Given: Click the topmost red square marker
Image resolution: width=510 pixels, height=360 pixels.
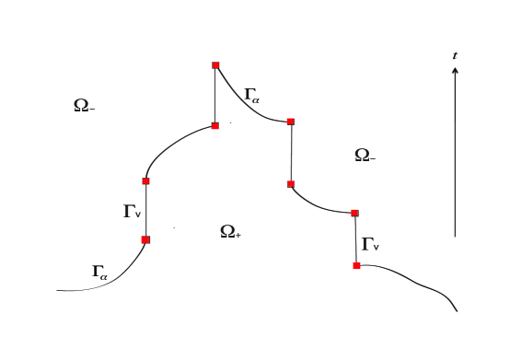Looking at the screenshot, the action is [x=215, y=65].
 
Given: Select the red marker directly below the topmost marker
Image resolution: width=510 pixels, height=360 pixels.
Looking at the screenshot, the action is [x=215, y=125].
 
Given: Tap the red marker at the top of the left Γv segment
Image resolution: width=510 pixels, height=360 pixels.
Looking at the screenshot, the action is [x=145, y=180].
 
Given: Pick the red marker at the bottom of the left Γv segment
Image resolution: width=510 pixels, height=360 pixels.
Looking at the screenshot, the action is [x=145, y=239].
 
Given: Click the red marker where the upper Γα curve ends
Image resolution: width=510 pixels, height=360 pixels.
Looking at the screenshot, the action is [x=291, y=122].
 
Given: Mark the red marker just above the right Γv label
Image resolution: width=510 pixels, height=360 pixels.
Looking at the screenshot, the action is [x=355, y=213].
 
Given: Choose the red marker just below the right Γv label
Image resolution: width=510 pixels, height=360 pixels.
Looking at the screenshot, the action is [x=356, y=265].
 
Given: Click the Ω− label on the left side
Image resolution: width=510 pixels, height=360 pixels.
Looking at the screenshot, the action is [x=84, y=106].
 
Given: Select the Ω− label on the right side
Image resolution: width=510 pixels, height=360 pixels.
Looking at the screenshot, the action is [x=365, y=156].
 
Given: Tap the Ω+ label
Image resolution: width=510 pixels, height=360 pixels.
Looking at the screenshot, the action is [x=230, y=231].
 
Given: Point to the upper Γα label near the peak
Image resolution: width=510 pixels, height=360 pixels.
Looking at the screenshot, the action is [x=251, y=94].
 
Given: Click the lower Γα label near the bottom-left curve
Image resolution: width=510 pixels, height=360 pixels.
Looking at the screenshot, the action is [x=99, y=272].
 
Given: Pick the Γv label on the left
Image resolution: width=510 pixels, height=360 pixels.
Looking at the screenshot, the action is [x=132, y=212].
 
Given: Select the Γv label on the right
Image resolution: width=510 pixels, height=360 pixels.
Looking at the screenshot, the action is [x=370, y=244].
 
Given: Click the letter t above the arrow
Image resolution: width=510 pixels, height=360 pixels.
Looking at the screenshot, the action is [x=455, y=56].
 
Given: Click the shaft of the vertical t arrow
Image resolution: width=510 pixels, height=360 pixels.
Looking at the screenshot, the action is [x=455, y=157].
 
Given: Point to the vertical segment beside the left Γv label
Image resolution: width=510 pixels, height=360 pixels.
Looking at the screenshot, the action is [x=145, y=210].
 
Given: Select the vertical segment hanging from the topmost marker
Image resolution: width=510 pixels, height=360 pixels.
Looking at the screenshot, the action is [x=215, y=96].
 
